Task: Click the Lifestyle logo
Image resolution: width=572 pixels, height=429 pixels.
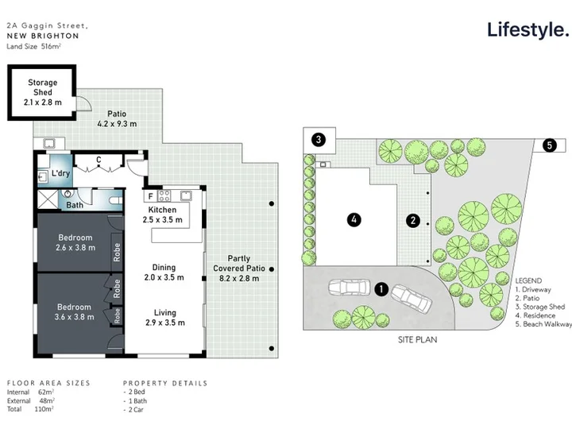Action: click(528, 30)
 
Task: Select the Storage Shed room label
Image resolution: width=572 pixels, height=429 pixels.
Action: click(43, 92)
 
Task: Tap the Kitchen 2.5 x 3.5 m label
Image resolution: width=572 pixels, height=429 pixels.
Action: click(162, 214)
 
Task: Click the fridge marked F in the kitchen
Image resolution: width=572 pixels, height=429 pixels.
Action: click(150, 196)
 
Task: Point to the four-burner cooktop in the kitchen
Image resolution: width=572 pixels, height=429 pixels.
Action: click(164, 196)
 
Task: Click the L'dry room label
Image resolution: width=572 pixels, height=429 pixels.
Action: click(60, 173)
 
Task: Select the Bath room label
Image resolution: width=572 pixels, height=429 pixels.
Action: click(75, 205)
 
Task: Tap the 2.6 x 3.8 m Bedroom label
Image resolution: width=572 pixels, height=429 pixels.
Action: click(75, 242)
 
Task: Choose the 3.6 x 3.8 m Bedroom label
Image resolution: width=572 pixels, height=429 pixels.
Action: click(75, 312)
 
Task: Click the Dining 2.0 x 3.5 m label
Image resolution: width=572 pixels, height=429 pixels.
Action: click(164, 272)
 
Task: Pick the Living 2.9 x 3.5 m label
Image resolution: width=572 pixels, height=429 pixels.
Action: click(165, 318)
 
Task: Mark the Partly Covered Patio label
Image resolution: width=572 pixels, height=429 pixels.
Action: click(239, 269)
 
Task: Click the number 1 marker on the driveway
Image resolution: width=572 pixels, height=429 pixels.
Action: click(381, 289)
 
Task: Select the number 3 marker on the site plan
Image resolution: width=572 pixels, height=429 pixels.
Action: click(319, 139)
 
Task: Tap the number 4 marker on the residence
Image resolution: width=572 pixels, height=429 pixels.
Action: click(354, 219)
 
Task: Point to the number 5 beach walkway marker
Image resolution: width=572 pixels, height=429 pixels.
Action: click(550, 145)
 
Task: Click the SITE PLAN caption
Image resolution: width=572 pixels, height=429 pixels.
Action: click(417, 340)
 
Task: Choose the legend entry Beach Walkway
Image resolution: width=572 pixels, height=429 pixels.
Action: click(543, 324)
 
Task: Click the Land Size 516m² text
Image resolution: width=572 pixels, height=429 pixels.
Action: click(33, 46)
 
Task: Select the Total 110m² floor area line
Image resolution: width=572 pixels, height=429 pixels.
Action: click(30, 409)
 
